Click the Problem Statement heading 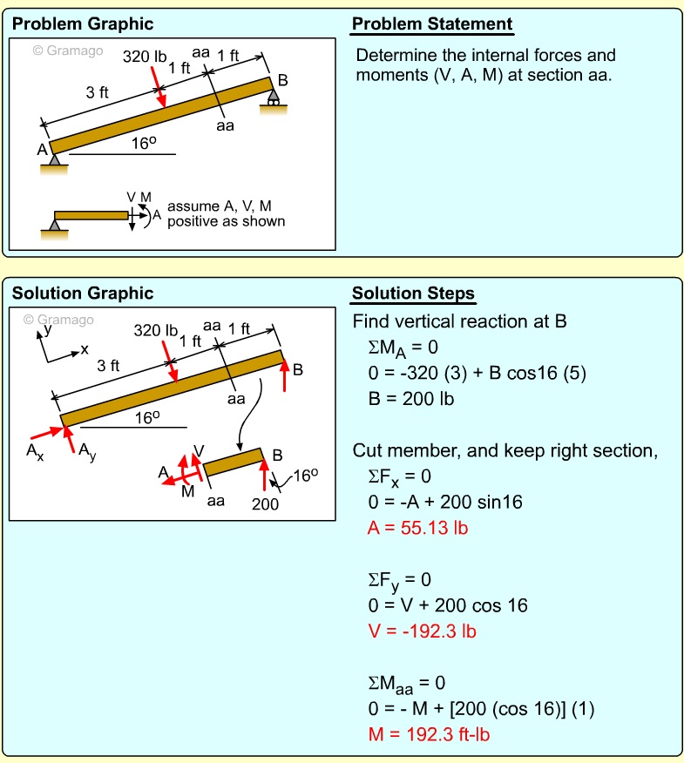(431, 24)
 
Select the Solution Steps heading (414, 294)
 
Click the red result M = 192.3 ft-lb (429, 733)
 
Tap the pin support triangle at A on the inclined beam (55, 159)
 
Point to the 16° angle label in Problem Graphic (144, 145)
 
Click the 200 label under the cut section (265, 503)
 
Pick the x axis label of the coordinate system (85, 349)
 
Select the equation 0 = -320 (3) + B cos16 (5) (477, 374)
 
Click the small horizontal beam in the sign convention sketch (91, 215)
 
